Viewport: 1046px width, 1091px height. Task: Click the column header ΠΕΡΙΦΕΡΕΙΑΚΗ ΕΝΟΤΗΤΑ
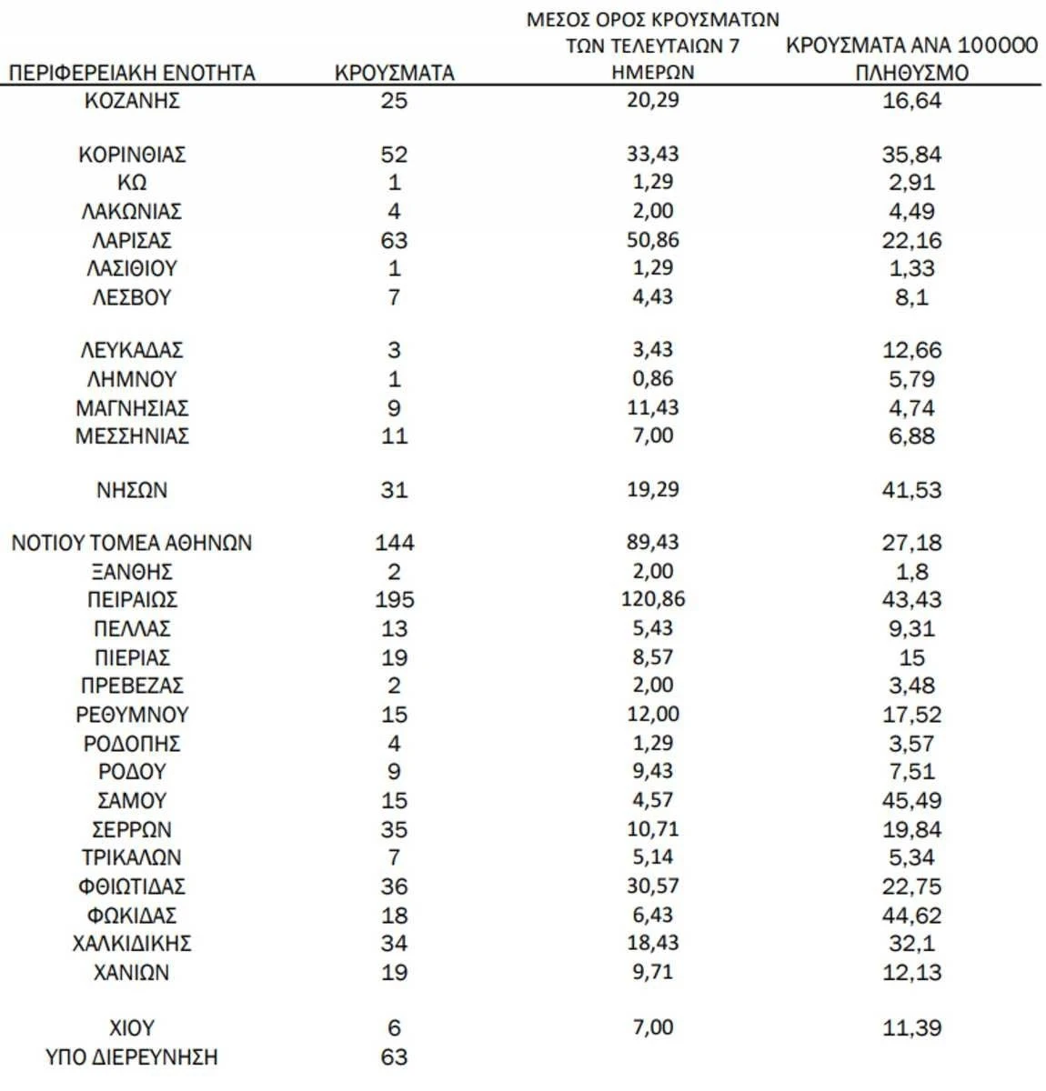pyautogui.click(x=132, y=73)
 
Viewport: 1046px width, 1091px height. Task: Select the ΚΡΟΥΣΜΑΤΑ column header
pyautogui.click(x=394, y=73)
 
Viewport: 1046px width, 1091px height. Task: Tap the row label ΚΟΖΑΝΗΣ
pyautogui.click(x=132, y=100)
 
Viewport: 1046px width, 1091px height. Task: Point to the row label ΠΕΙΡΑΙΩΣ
pyautogui.click(x=132, y=600)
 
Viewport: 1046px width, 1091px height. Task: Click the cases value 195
pyautogui.click(x=394, y=600)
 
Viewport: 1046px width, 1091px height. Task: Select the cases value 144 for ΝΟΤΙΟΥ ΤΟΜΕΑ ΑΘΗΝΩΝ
pyautogui.click(x=394, y=543)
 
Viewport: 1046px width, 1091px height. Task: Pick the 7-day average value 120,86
pyautogui.click(x=653, y=599)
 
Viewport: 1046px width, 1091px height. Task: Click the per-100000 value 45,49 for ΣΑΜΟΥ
pyautogui.click(x=911, y=800)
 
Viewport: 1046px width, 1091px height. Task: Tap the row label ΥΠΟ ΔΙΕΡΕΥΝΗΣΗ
pyautogui.click(x=132, y=1057)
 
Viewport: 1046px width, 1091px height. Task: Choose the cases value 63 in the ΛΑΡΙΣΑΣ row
pyautogui.click(x=394, y=241)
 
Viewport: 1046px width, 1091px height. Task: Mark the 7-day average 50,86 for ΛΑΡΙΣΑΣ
pyautogui.click(x=653, y=240)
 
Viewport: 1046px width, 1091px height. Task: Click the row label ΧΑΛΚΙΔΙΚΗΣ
pyautogui.click(x=132, y=944)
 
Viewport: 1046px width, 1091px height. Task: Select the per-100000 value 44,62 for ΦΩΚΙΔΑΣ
pyautogui.click(x=911, y=916)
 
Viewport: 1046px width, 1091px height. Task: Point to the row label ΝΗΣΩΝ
pyautogui.click(x=132, y=490)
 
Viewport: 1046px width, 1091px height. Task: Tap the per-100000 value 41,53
pyautogui.click(x=911, y=490)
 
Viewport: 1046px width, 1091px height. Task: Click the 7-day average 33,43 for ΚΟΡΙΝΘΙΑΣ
pyautogui.click(x=653, y=154)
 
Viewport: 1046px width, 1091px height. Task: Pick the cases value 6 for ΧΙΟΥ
pyautogui.click(x=394, y=1028)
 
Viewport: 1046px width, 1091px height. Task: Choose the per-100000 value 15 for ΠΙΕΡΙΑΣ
pyautogui.click(x=911, y=657)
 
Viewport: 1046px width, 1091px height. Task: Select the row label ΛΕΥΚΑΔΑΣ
pyautogui.click(x=132, y=350)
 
